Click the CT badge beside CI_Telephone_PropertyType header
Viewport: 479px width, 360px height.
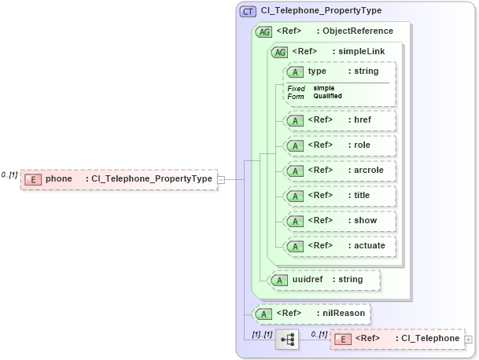coord(248,11)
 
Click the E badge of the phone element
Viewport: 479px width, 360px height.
coord(32,179)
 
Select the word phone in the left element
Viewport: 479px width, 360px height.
coord(59,179)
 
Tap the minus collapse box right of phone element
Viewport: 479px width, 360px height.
coord(221,179)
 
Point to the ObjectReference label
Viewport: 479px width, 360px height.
coord(363,31)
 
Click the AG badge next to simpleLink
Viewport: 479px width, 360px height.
coord(278,52)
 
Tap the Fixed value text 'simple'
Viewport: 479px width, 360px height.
coord(324,88)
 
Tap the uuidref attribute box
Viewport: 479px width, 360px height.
coord(324,279)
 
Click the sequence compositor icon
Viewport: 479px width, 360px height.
coord(287,339)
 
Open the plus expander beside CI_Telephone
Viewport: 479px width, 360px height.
coord(469,339)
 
